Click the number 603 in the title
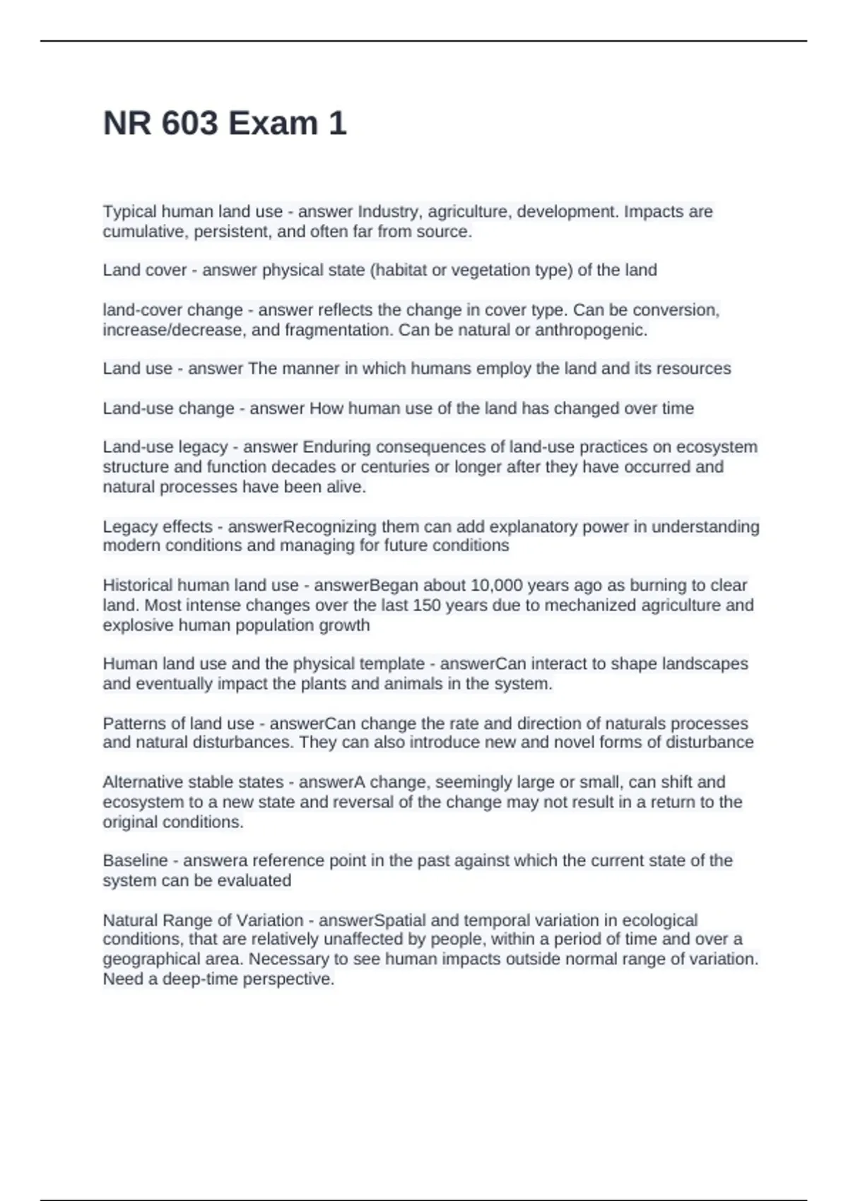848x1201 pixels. click(x=189, y=124)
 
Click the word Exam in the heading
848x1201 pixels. click(x=273, y=124)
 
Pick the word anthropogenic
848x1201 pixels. click(x=591, y=330)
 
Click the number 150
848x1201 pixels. click(x=427, y=605)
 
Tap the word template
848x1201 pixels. click(x=392, y=664)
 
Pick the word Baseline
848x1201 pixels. click(x=135, y=861)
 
